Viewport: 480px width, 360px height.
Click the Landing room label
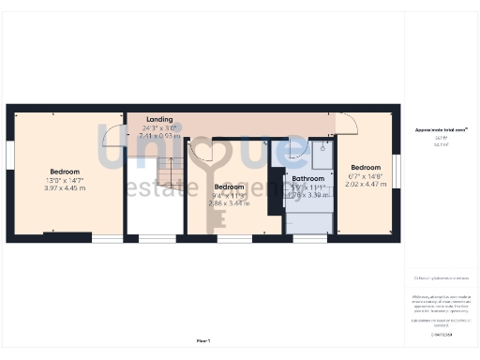tap(159, 120)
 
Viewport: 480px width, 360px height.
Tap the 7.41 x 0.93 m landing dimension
tap(158, 136)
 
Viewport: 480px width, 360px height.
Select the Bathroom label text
tap(307, 178)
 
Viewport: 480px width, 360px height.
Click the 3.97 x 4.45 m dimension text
tap(65, 188)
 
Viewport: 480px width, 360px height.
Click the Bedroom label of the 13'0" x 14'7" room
tap(65, 172)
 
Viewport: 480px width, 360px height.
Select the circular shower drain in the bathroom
tap(322, 147)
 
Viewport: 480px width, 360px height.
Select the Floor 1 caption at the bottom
tap(203, 340)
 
